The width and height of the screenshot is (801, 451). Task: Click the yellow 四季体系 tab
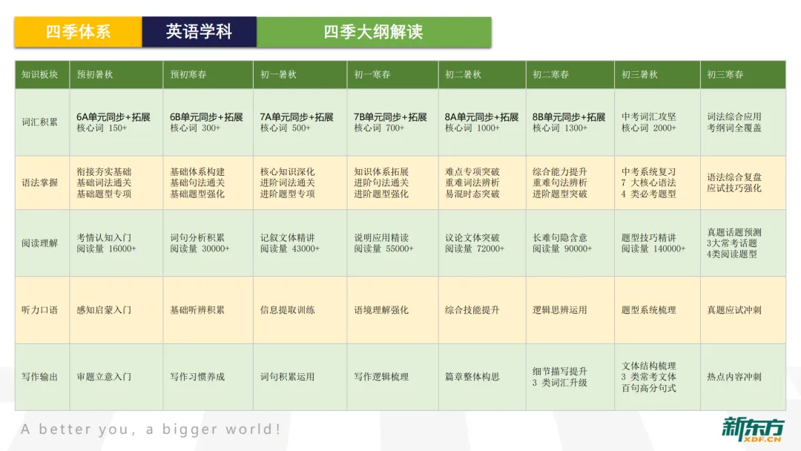[x=78, y=32]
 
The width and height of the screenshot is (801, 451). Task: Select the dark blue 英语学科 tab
[x=199, y=32]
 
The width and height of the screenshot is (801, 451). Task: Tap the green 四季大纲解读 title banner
[x=373, y=32]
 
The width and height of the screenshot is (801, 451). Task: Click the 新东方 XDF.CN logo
[x=752, y=429]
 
